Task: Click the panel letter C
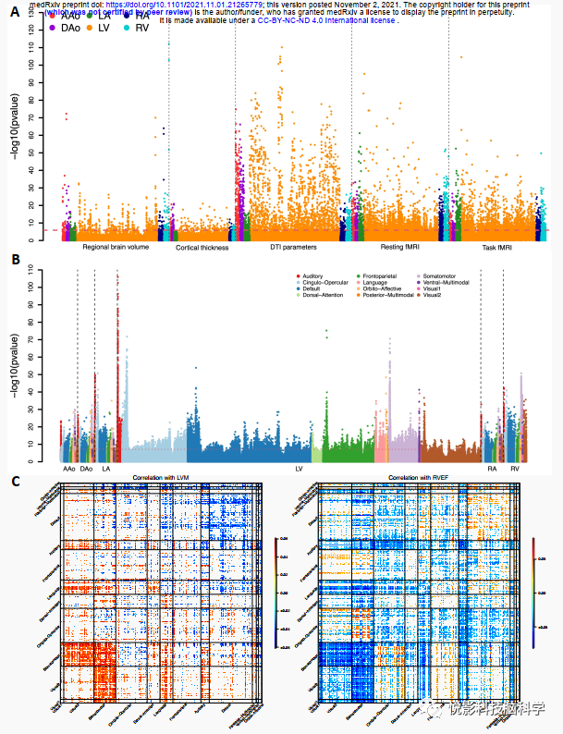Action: [15, 481]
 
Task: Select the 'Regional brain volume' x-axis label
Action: [116, 248]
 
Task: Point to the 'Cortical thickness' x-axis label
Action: [203, 249]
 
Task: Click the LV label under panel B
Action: [299, 470]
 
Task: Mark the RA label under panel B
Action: [493, 470]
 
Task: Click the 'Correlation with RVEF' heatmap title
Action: [419, 478]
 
